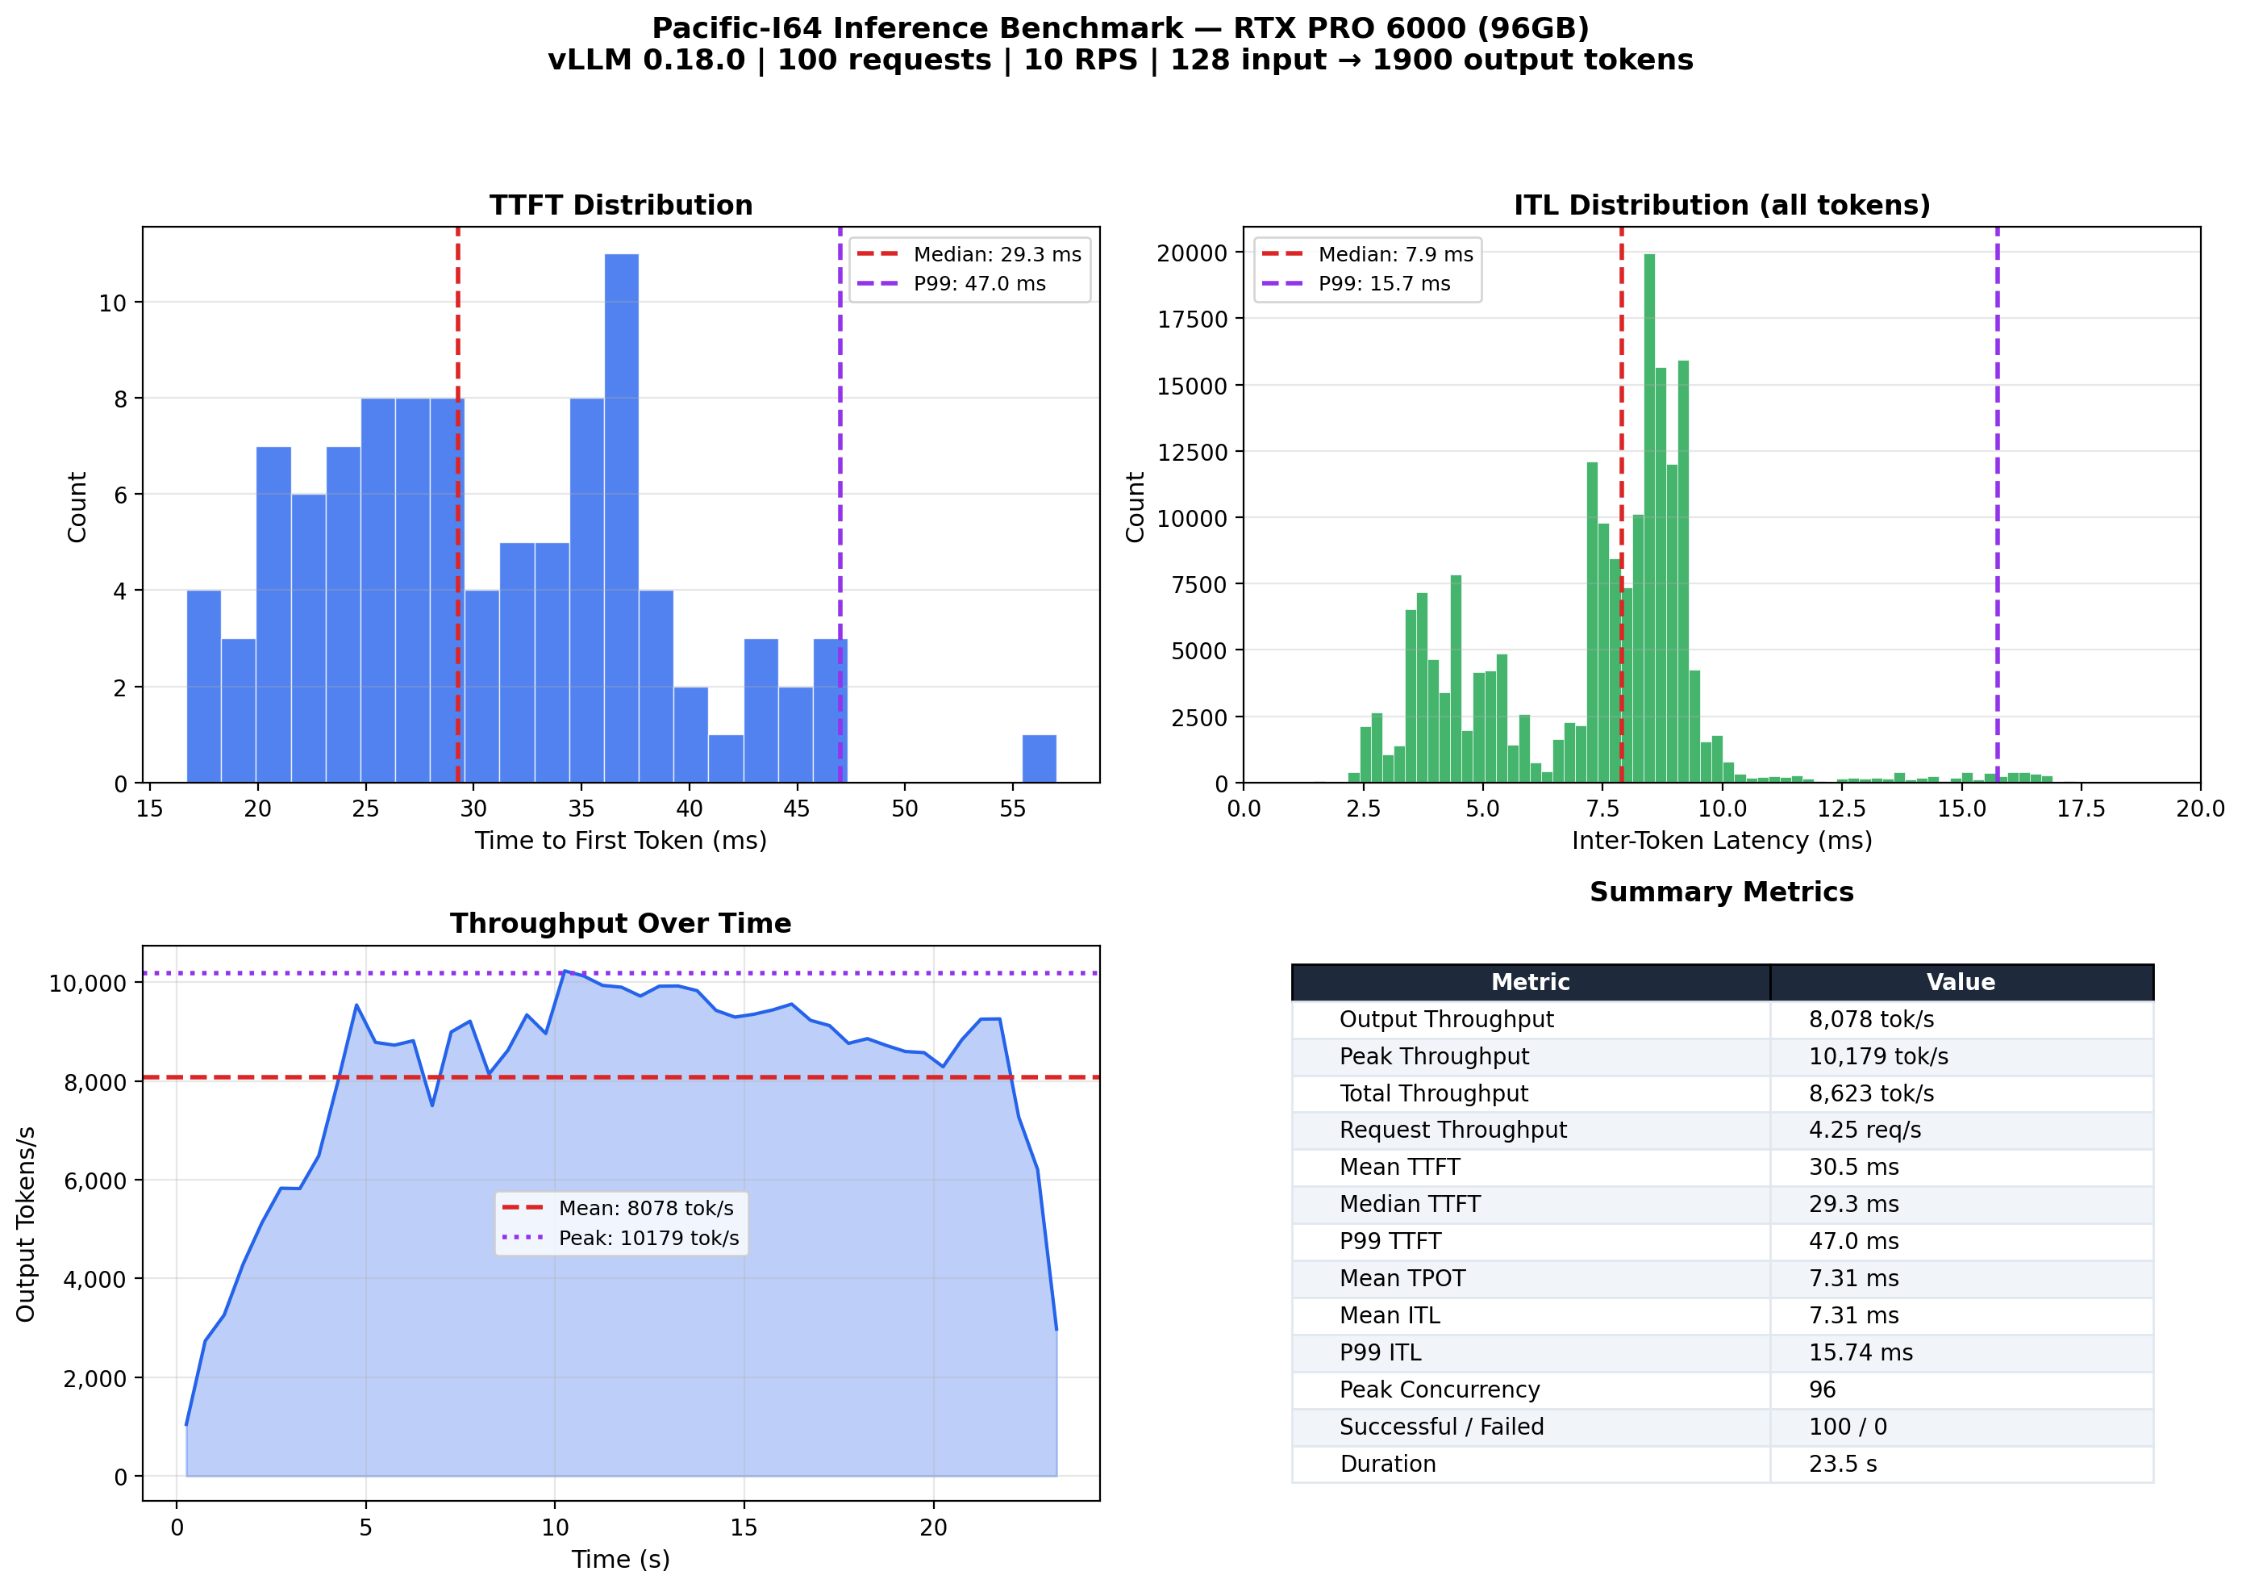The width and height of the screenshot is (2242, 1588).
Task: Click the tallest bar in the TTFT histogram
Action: (x=622, y=518)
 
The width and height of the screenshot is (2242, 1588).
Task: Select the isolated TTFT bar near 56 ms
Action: (x=1039, y=758)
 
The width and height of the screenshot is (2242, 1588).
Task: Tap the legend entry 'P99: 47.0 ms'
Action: (x=979, y=283)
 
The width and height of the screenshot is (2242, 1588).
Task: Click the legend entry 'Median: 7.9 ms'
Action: (x=1394, y=254)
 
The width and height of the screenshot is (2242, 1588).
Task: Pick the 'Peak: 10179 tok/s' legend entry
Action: (x=648, y=1238)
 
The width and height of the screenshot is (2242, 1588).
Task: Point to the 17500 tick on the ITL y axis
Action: (x=1191, y=320)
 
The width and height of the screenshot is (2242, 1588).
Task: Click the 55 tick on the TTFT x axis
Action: (x=1012, y=809)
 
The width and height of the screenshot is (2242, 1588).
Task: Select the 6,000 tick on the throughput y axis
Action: (x=95, y=1181)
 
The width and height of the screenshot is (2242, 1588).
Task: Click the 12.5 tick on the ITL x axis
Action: (x=1841, y=809)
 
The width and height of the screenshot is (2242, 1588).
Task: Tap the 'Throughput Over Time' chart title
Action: (x=621, y=923)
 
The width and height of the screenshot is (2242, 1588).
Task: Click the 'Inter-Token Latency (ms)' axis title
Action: (x=1721, y=841)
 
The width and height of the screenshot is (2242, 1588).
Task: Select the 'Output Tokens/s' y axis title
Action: (x=27, y=1223)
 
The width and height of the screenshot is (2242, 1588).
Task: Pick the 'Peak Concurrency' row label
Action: (x=1439, y=1389)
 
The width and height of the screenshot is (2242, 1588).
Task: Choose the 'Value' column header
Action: (x=1961, y=982)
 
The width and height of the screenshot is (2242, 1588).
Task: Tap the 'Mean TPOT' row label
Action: (x=1402, y=1278)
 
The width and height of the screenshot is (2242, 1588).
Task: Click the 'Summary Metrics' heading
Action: (x=1721, y=892)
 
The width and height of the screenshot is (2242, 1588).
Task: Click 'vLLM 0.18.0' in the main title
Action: (x=645, y=61)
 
